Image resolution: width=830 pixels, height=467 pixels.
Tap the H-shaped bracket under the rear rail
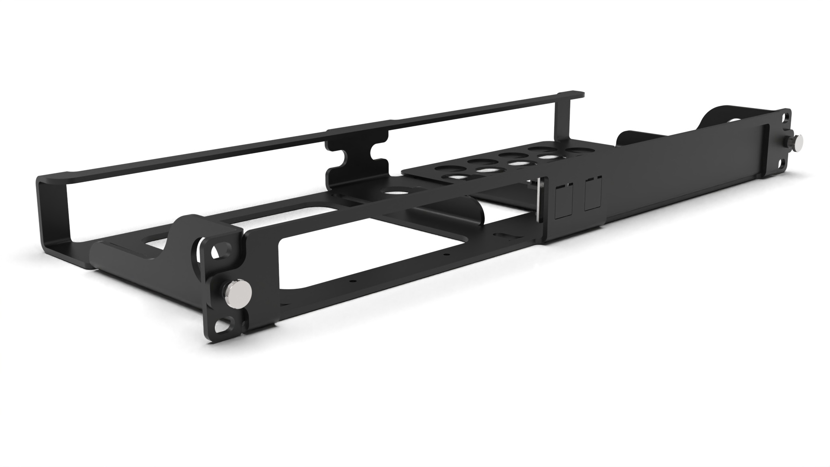point(357,160)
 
